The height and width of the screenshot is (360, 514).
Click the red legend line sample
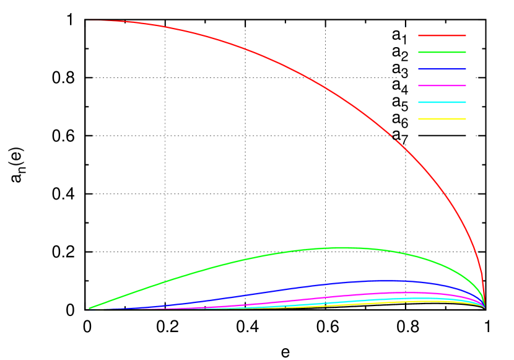point(442,36)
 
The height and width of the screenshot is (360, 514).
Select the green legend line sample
point(442,53)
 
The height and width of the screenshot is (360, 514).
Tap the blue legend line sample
point(442,69)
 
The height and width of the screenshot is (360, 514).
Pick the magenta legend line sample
point(442,86)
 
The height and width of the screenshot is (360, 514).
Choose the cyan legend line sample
point(442,102)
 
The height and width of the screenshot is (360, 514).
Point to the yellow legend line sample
point(442,119)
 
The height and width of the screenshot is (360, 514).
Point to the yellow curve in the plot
point(372,303)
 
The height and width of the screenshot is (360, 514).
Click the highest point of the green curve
point(341,248)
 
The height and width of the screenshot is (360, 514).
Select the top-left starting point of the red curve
point(90,20)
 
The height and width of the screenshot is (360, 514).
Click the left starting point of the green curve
point(90,308)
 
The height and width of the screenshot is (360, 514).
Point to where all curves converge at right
point(484,307)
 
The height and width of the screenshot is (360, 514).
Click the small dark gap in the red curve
point(394,139)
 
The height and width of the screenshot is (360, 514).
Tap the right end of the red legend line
point(465,36)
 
